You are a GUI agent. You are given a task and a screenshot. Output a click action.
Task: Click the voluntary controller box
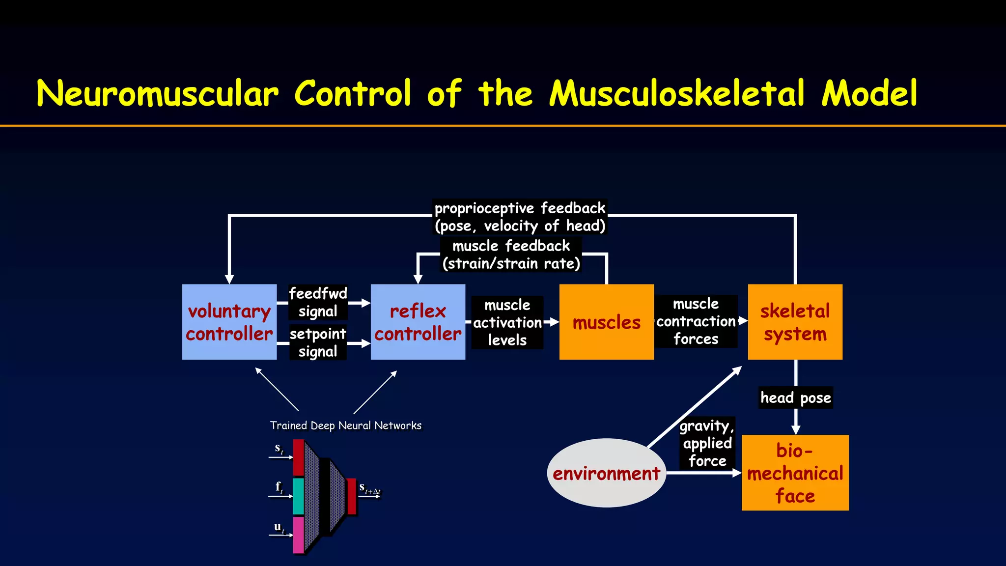click(x=229, y=322)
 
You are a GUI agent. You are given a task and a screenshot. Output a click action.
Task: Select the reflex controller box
click(x=418, y=322)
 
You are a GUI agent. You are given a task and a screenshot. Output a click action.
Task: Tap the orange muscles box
click(x=606, y=322)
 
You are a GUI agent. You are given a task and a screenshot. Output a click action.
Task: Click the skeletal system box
click(x=795, y=322)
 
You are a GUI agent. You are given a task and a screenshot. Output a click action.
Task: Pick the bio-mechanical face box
click(x=795, y=473)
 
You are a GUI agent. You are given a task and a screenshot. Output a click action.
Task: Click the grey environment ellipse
click(x=606, y=473)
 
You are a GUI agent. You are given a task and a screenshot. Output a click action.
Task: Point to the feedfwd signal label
click(x=318, y=302)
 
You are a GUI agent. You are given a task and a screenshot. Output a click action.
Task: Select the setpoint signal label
click(x=318, y=342)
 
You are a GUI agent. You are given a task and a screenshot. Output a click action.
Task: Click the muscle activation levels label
click(x=507, y=322)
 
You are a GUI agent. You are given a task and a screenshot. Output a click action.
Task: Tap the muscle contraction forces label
click(x=696, y=321)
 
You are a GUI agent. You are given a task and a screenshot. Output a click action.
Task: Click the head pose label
click(x=795, y=397)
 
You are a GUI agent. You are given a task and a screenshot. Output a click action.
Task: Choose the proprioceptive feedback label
click(x=520, y=217)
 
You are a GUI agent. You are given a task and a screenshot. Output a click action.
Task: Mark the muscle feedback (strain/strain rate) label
click(x=511, y=255)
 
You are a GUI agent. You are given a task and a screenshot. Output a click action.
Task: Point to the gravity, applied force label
click(x=707, y=443)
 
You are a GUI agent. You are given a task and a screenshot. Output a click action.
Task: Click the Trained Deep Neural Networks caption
click(x=345, y=425)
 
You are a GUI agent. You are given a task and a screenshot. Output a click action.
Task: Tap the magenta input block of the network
click(x=298, y=535)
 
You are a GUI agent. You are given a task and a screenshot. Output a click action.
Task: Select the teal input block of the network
click(x=298, y=496)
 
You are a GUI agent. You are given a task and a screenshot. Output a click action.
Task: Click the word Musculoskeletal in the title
click(x=677, y=93)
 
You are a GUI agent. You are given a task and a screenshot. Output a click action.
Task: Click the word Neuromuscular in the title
click(x=157, y=93)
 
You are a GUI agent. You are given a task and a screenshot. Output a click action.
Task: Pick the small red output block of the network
click(x=351, y=496)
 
